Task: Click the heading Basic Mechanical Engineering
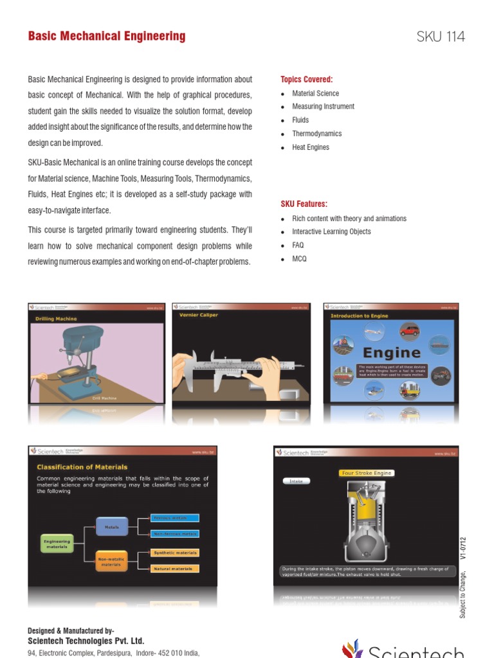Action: (x=107, y=37)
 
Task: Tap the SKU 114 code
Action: (x=441, y=37)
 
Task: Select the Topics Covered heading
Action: (x=307, y=80)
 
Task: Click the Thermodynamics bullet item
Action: (x=316, y=134)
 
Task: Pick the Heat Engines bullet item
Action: (x=310, y=147)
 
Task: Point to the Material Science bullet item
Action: (x=315, y=93)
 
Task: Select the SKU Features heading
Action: (x=304, y=204)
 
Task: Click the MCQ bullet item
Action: (x=299, y=259)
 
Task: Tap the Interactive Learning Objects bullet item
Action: (x=331, y=232)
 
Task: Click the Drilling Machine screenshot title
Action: (x=56, y=319)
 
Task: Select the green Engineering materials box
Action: (x=57, y=544)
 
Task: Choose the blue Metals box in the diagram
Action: (x=112, y=526)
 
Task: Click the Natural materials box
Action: (x=174, y=569)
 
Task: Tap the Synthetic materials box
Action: (x=174, y=553)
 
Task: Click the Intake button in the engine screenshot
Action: (x=297, y=480)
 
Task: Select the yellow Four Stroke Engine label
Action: (x=366, y=473)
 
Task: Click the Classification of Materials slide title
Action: (x=82, y=467)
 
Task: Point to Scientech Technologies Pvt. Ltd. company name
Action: (x=86, y=641)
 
